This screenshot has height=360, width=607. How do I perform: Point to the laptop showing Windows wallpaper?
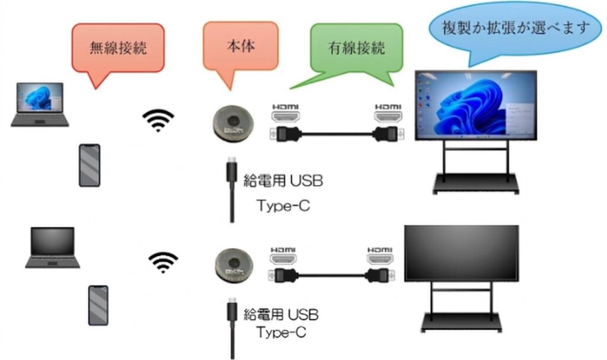click(x=40, y=104)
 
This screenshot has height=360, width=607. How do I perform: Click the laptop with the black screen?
click(x=53, y=247)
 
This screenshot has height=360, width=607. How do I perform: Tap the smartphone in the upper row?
click(x=90, y=165)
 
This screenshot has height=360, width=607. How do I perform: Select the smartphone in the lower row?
click(x=98, y=305)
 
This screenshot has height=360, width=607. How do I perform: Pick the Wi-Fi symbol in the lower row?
click(x=163, y=261)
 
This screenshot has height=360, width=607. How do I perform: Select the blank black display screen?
click(x=461, y=253)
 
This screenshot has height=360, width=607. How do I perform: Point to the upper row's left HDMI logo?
click(x=285, y=109)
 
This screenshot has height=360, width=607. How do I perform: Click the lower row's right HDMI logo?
click(x=379, y=250)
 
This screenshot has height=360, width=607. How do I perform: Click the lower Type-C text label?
click(x=282, y=332)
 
